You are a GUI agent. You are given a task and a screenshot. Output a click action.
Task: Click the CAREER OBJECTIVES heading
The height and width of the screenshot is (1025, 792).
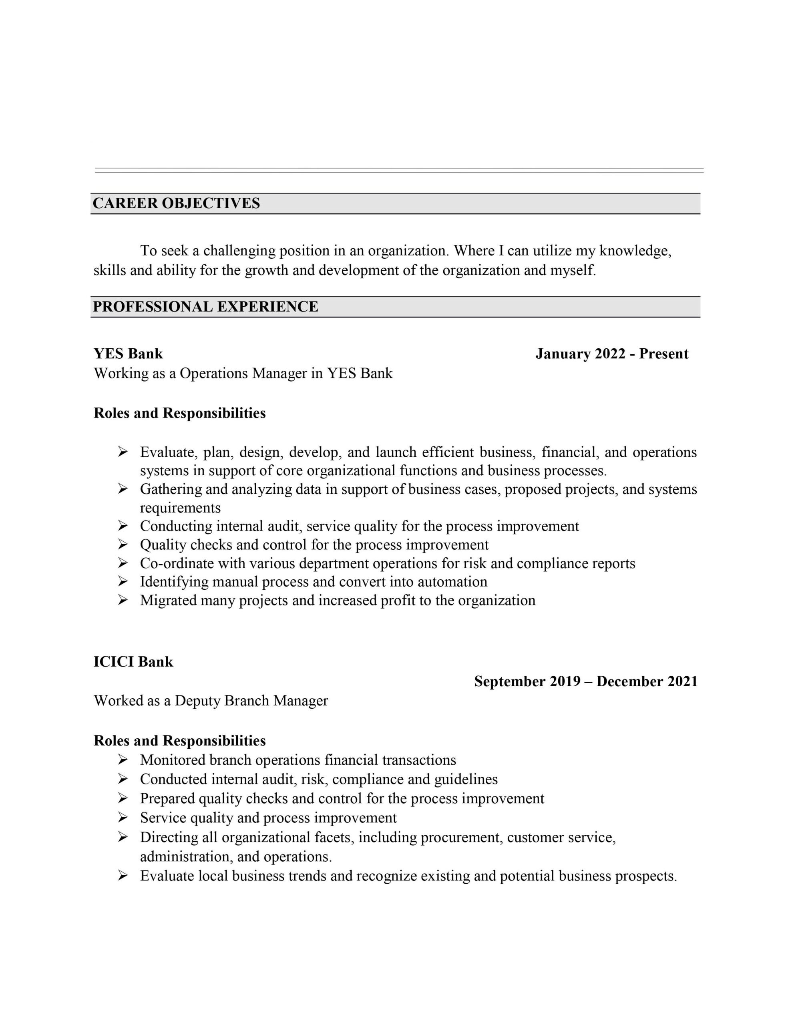click(x=176, y=203)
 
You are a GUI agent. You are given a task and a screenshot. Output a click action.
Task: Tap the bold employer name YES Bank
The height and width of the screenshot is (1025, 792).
click(x=128, y=354)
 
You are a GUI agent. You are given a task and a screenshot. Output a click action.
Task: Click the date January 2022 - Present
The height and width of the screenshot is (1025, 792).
click(x=611, y=354)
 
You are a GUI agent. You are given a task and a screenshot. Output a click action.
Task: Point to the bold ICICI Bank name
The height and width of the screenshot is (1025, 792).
click(x=133, y=662)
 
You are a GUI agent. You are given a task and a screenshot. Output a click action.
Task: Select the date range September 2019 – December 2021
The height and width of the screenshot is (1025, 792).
click(x=585, y=681)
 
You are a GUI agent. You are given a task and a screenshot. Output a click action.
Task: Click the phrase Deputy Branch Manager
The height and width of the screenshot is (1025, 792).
click(x=251, y=701)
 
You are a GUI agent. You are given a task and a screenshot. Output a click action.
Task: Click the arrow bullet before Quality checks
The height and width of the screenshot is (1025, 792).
click(x=123, y=545)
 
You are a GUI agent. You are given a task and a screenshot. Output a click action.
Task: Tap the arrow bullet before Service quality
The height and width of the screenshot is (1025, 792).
click(x=123, y=818)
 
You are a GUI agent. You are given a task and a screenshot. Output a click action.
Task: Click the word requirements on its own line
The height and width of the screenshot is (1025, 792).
click(x=180, y=508)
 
